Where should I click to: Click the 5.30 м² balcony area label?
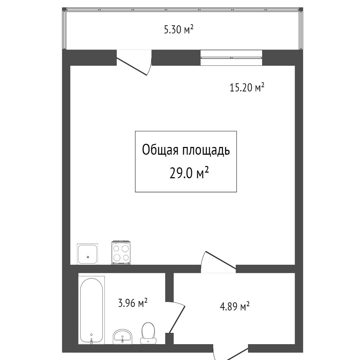(x=179, y=30)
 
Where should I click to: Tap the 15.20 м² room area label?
(x=247, y=88)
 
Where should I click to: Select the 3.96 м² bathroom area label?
(x=133, y=303)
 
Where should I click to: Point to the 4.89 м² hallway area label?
(x=234, y=306)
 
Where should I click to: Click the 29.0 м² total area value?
(x=189, y=173)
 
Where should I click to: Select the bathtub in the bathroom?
(x=91, y=310)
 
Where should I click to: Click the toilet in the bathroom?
(x=148, y=333)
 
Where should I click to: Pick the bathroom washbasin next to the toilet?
(x=123, y=336)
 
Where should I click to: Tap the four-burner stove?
(x=121, y=252)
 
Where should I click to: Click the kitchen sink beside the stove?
(x=88, y=254)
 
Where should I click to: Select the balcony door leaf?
(x=132, y=66)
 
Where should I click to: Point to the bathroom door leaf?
(x=177, y=319)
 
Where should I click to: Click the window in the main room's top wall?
(x=231, y=58)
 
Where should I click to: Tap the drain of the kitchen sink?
(x=88, y=257)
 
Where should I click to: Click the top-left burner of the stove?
(x=117, y=249)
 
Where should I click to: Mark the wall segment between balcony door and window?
(x=176, y=58)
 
